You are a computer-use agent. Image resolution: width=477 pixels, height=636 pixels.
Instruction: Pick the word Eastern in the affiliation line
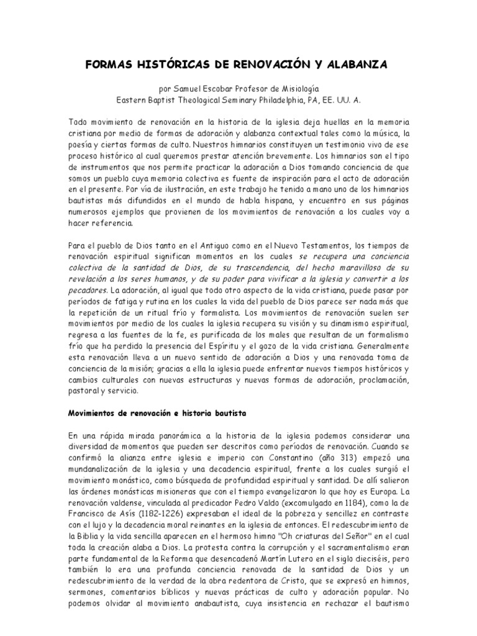click(134, 99)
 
